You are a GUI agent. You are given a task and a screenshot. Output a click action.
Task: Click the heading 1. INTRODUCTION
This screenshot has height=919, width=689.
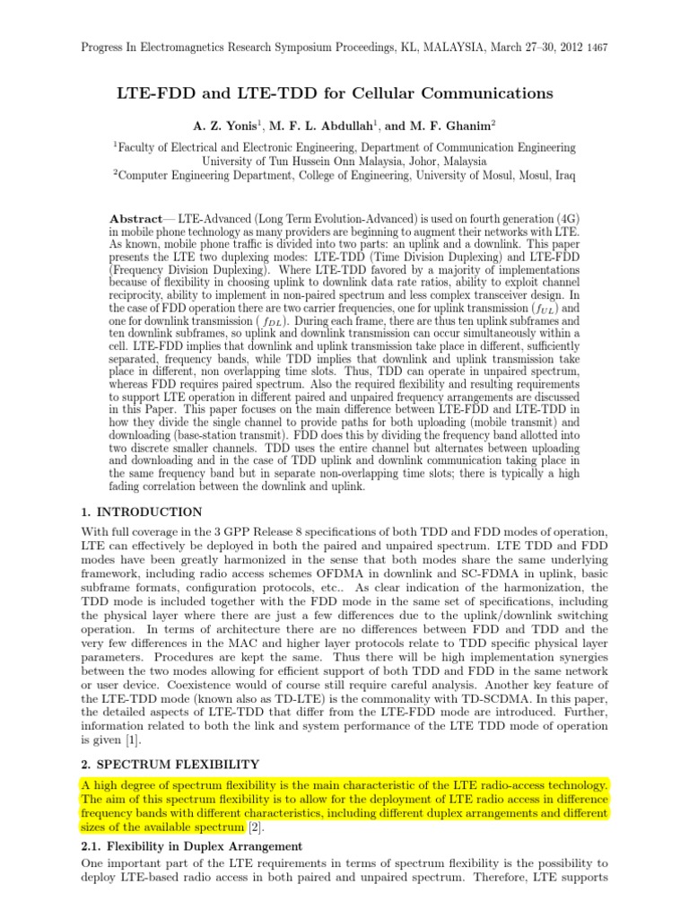pyautogui.click(x=141, y=512)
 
